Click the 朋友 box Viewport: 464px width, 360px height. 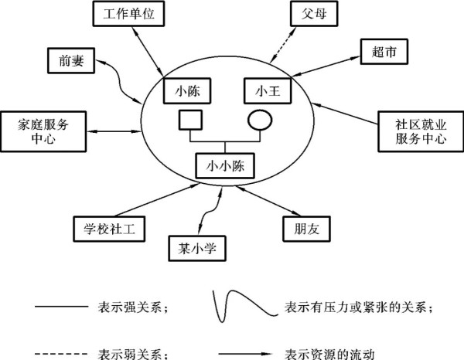[x=299, y=229]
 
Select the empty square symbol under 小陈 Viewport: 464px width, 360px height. [x=190, y=121]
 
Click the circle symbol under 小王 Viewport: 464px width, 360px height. [x=258, y=121]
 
